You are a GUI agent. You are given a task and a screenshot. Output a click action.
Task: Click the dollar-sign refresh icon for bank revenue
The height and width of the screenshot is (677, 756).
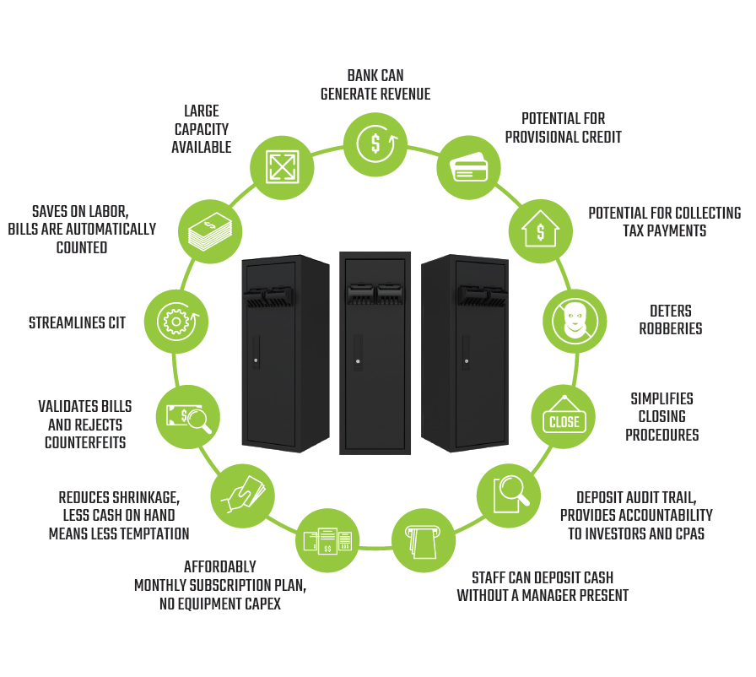click(x=376, y=143)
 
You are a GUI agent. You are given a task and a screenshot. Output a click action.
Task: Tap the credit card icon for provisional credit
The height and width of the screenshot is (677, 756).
click(x=468, y=167)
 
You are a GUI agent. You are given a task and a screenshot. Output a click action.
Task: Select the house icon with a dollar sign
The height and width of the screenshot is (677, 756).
click(x=540, y=230)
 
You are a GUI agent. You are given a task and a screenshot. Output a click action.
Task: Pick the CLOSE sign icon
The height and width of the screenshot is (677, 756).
click(x=564, y=417)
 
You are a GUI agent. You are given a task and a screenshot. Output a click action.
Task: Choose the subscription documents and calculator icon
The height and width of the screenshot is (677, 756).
click(x=327, y=540)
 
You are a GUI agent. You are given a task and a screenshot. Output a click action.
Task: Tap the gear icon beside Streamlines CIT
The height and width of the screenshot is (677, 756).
click(x=176, y=321)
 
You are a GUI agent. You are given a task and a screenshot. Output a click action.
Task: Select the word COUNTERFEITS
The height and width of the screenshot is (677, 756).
click(x=85, y=441)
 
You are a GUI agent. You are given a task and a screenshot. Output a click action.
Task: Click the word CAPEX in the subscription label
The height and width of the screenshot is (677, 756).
click(x=258, y=604)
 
